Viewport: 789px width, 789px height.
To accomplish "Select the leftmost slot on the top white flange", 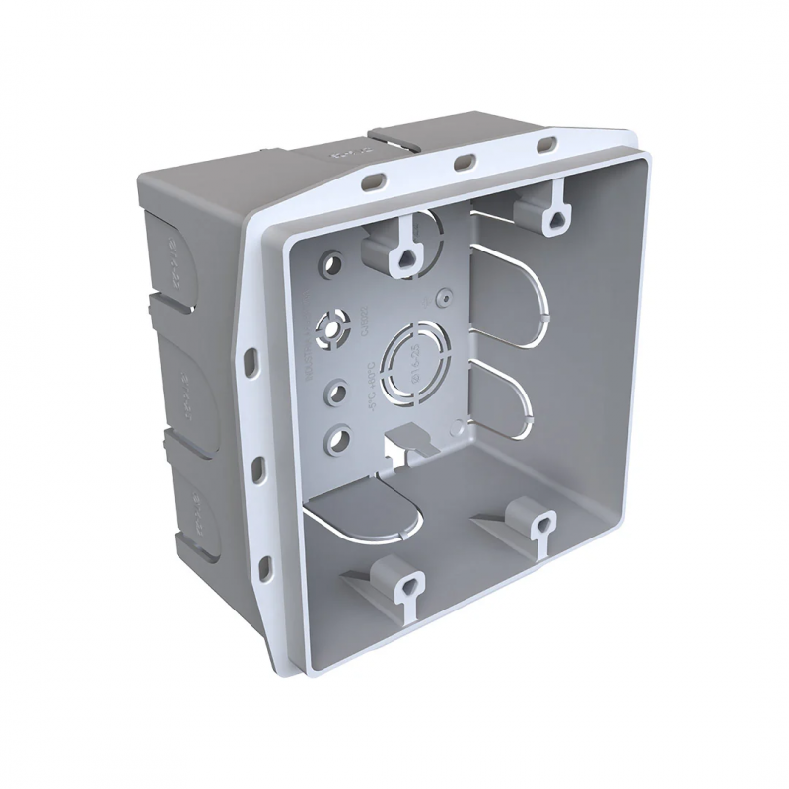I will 376,180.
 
